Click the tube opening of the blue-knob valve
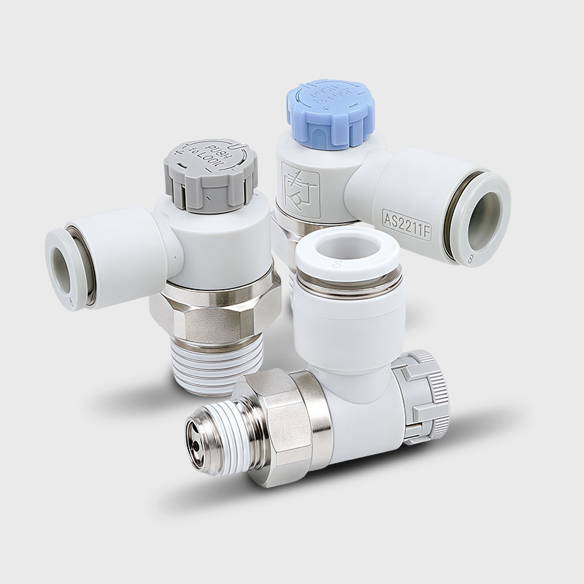coord(485,217)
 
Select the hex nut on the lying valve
coord(281,423)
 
